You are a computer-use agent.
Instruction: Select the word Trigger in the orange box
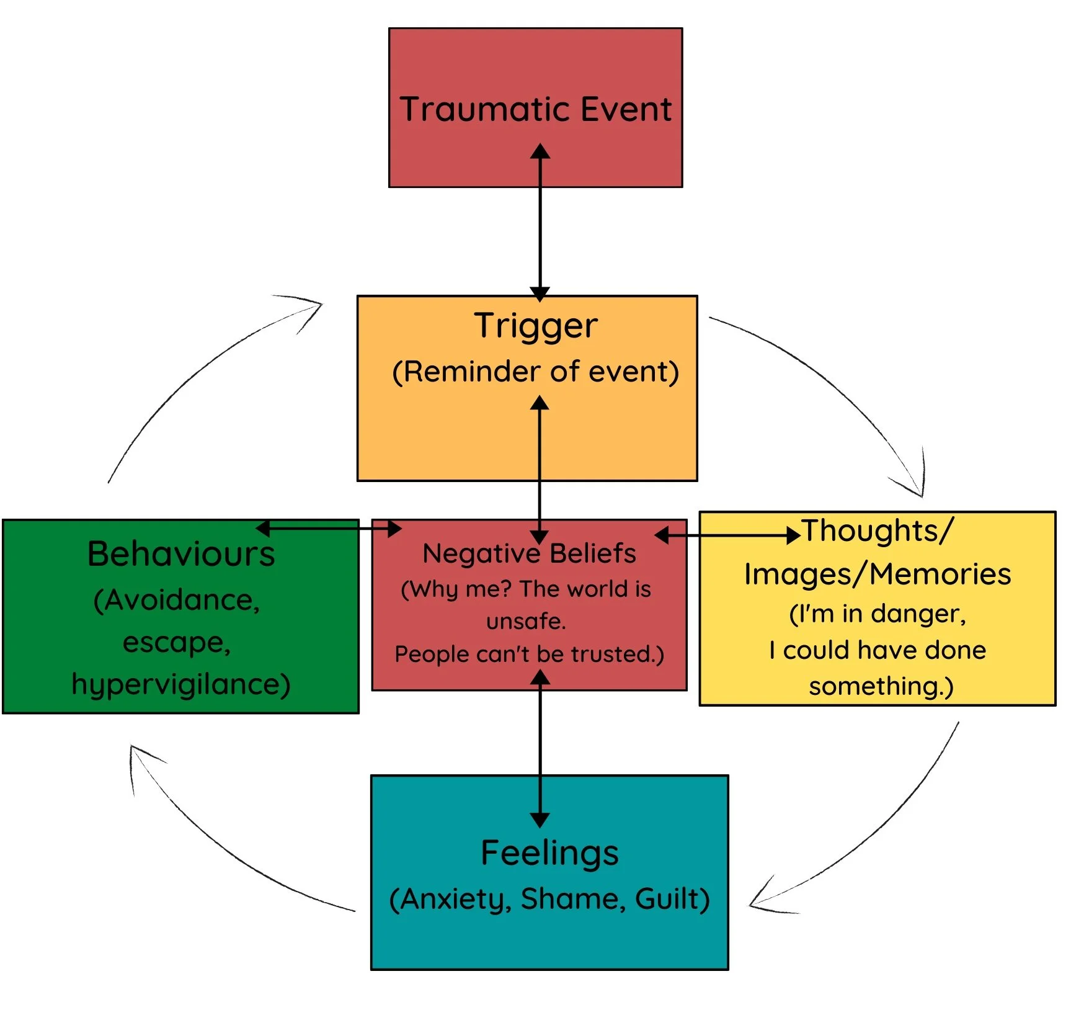pyautogui.click(x=536, y=326)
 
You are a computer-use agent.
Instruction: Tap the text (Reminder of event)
pyautogui.click(x=536, y=372)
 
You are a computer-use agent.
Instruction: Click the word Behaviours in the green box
pyautogui.click(x=180, y=553)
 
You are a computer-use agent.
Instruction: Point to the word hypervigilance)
pyautogui.click(x=180, y=684)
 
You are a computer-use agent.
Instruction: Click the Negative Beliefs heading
pyautogui.click(x=529, y=553)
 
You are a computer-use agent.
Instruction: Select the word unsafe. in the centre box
pyautogui.click(x=526, y=620)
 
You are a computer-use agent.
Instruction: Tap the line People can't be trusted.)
pyautogui.click(x=529, y=654)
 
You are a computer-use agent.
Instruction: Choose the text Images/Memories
pyautogui.click(x=878, y=574)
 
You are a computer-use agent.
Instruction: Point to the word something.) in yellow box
pyautogui.click(x=881, y=686)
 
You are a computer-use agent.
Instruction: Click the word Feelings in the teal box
pyautogui.click(x=549, y=853)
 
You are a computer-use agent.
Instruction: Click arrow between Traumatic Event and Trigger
pyautogui.click(x=540, y=236)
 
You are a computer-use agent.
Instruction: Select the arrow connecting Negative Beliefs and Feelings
pyautogui.click(x=540, y=744)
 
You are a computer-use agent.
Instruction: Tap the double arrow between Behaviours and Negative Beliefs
pyautogui.click(x=329, y=529)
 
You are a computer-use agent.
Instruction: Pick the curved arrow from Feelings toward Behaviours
pyautogui.click(x=217, y=850)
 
